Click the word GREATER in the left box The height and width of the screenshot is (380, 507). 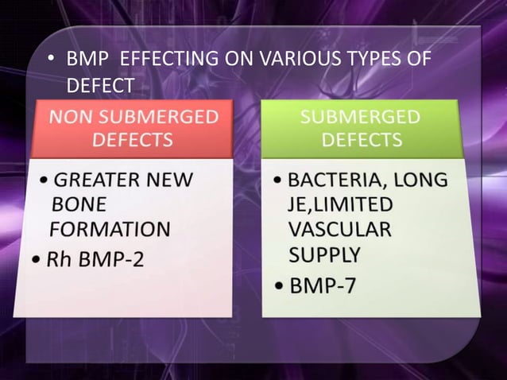(x=101, y=180)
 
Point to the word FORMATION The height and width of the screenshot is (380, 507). (x=110, y=231)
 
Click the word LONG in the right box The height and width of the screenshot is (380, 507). (x=422, y=180)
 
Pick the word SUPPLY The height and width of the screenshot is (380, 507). (x=324, y=256)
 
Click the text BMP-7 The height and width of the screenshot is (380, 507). (x=322, y=286)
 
